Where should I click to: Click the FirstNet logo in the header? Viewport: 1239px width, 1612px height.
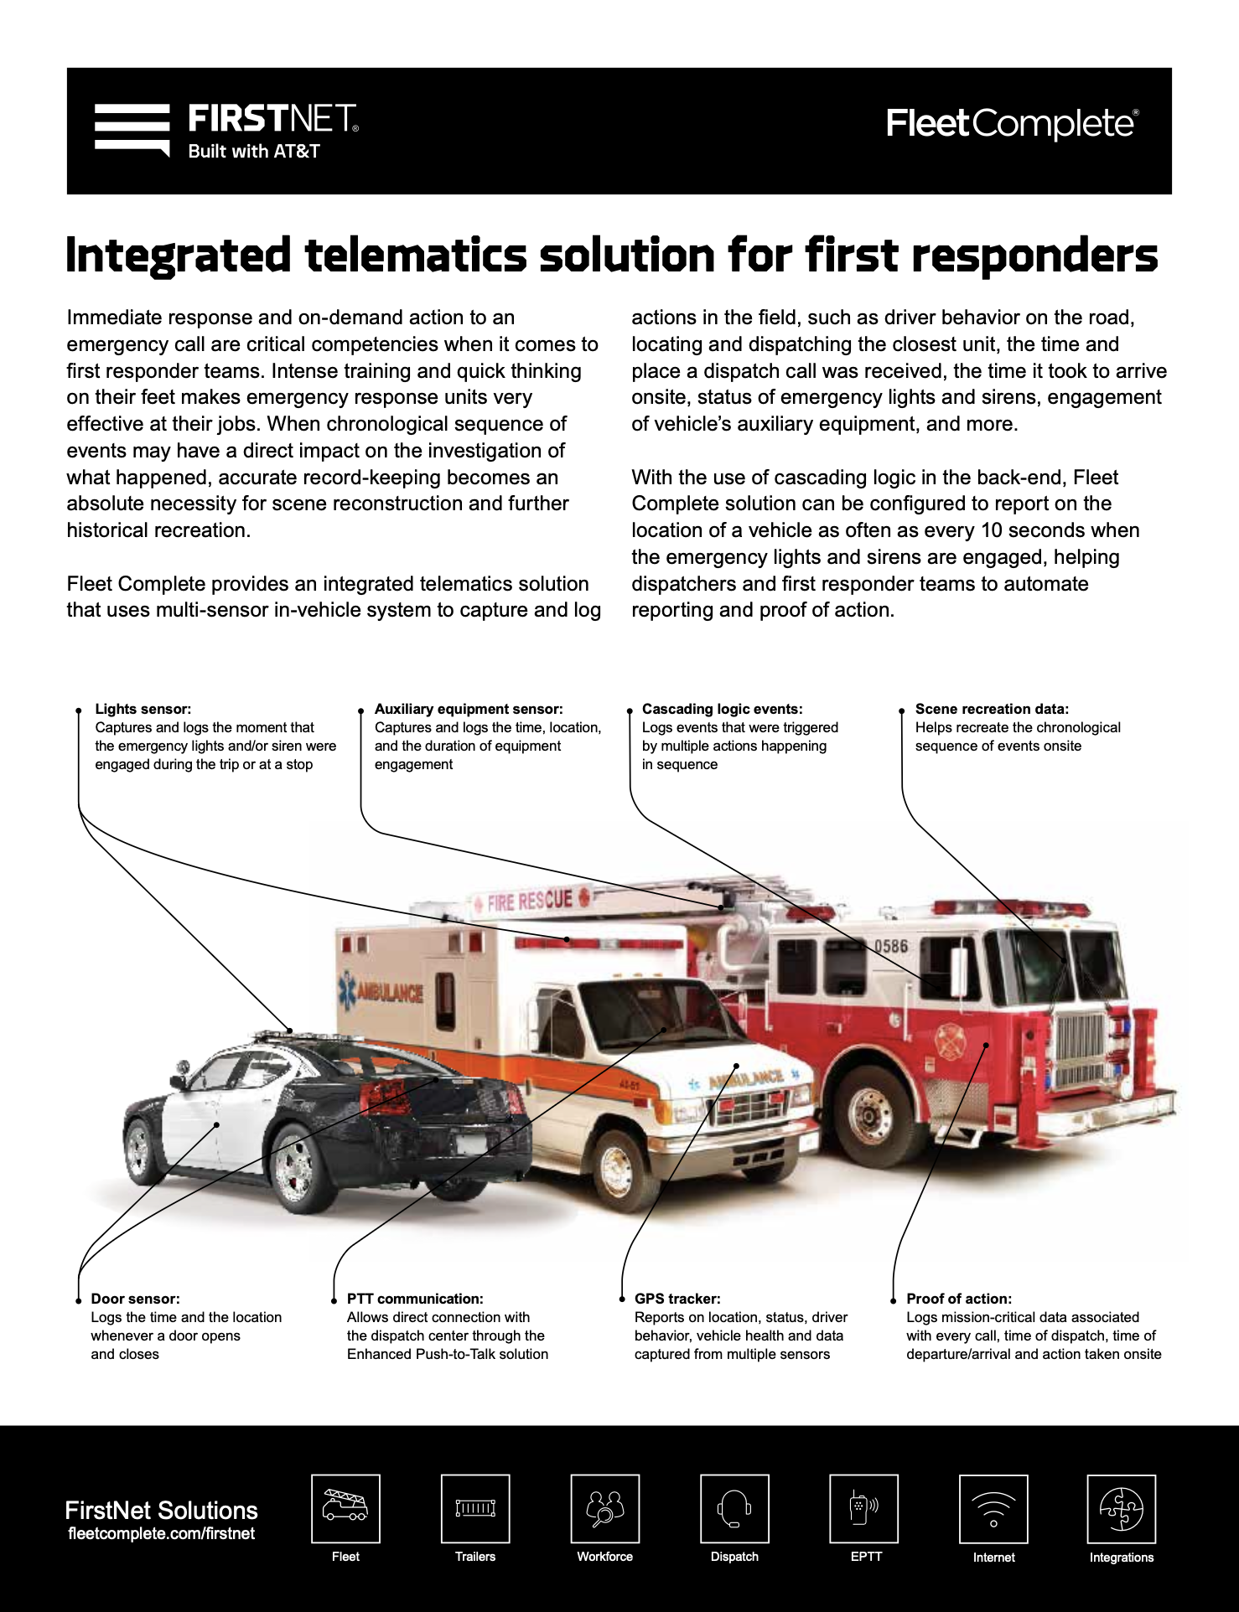point(226,130)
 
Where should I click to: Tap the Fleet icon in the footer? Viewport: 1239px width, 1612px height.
point(345,1508)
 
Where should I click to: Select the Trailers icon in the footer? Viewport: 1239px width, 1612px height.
point(475,1508)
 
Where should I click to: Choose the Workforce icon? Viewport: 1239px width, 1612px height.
point(604,1508)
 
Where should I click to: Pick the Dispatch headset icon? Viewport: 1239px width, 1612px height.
point(734,1508)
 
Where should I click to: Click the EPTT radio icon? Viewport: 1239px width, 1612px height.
point(863,1508)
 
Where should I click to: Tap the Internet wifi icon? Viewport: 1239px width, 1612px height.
point(993,1509)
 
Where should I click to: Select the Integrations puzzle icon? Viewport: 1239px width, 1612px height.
point(1122,1509)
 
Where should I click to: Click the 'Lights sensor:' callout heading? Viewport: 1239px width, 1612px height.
point(143,709)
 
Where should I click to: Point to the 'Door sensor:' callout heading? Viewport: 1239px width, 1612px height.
point(135,1299)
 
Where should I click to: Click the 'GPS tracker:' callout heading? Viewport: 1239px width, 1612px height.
point(677,1299)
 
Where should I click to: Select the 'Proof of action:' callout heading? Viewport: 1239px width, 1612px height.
point(959,1299)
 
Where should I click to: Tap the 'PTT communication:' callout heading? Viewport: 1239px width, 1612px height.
point(415,1299)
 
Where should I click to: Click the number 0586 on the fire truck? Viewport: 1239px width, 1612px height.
point(890,946)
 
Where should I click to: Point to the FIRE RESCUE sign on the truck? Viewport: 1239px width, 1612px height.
point(530,902)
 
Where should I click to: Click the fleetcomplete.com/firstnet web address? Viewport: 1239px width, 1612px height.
point(161,1533)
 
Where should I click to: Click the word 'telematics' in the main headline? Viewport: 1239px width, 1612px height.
point(416,256)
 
